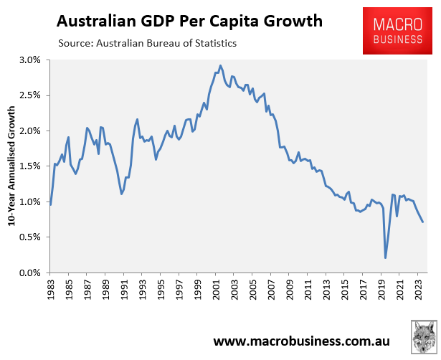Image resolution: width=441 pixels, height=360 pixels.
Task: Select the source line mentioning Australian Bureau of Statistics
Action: coord(147,44)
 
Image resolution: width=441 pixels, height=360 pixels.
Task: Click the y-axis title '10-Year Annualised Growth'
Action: coord(11,166)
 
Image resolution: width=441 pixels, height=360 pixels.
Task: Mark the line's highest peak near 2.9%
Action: coord(220,66)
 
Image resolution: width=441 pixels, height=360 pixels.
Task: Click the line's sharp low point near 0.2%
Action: coord(386,258)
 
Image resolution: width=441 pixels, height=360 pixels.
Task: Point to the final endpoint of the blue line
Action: coord(423,222)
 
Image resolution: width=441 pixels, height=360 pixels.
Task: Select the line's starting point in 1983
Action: coord(50,205)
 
